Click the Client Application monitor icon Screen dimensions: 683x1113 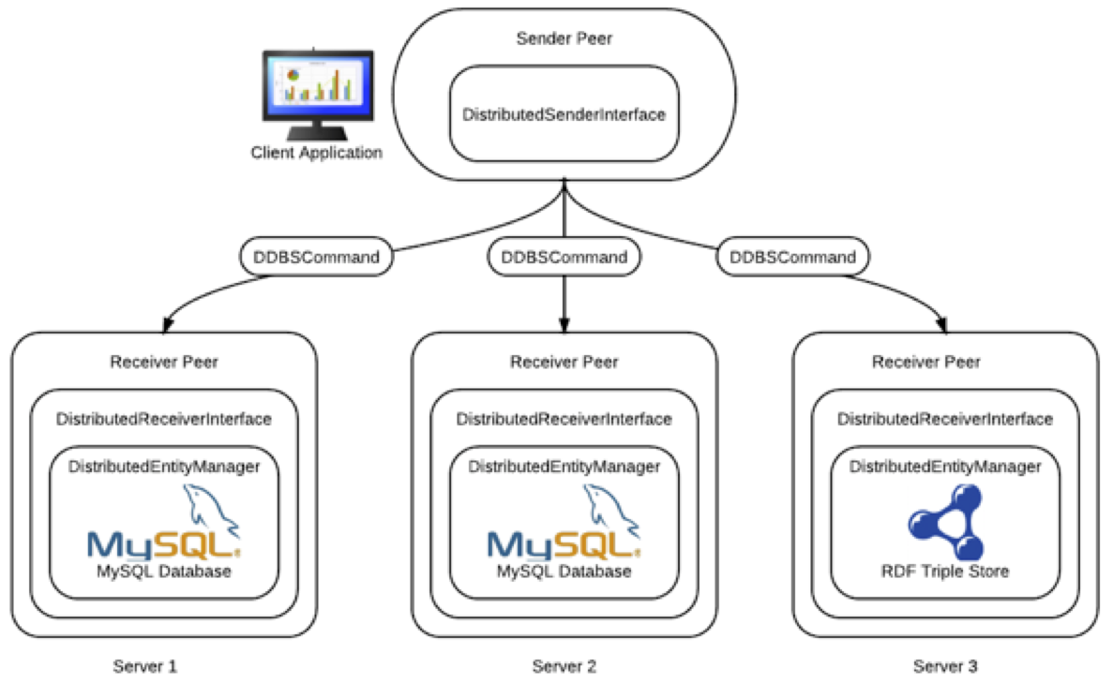(x=316, y=89)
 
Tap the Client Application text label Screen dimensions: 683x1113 (x=316, y=153)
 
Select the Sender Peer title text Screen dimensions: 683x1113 (x=564, y=38)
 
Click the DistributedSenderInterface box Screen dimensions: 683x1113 (x=564, y=114)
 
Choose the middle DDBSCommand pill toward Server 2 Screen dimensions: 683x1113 (x=564, y=257)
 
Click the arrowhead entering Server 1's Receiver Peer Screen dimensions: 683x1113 (x=168, y=324)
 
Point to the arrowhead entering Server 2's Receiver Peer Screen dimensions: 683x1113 (x=564, y=324)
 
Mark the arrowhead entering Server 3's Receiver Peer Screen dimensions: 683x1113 (x=943, y=325)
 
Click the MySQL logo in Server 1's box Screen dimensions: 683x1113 (x=165, y=534)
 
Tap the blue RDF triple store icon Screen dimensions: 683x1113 (x=945, y=524)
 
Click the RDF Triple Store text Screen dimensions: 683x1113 (x=945, y=571)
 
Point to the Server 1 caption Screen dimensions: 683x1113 (x=145, y=667)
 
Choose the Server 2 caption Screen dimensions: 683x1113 (x=564, y=667)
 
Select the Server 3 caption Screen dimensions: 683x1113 (x=945, y=667)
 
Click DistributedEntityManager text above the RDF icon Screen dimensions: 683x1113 (x=945, y=466)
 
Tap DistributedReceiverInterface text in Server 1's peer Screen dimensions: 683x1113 (x=164, y=419)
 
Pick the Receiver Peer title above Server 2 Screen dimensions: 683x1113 (x=564, y=362)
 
